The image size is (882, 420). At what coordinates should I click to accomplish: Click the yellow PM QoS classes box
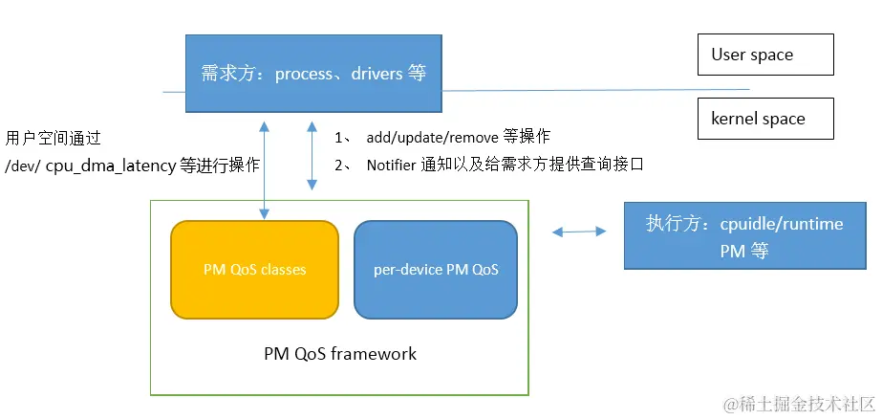254,270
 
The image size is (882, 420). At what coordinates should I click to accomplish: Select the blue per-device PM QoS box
436,270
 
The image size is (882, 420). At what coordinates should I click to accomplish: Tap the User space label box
765,55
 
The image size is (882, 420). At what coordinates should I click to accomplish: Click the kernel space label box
765,120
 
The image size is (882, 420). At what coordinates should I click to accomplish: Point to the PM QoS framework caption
340,353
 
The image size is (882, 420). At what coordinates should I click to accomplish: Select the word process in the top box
304,74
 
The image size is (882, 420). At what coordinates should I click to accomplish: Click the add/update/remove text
432,138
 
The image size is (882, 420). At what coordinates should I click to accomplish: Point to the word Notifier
392,165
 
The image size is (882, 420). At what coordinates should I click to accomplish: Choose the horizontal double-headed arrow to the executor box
579,231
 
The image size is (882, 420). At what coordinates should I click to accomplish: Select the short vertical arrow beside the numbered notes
311,155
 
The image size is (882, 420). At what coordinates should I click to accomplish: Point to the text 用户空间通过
53,138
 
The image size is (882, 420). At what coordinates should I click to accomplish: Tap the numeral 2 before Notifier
339,165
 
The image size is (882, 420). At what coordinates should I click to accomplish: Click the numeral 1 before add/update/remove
338,138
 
